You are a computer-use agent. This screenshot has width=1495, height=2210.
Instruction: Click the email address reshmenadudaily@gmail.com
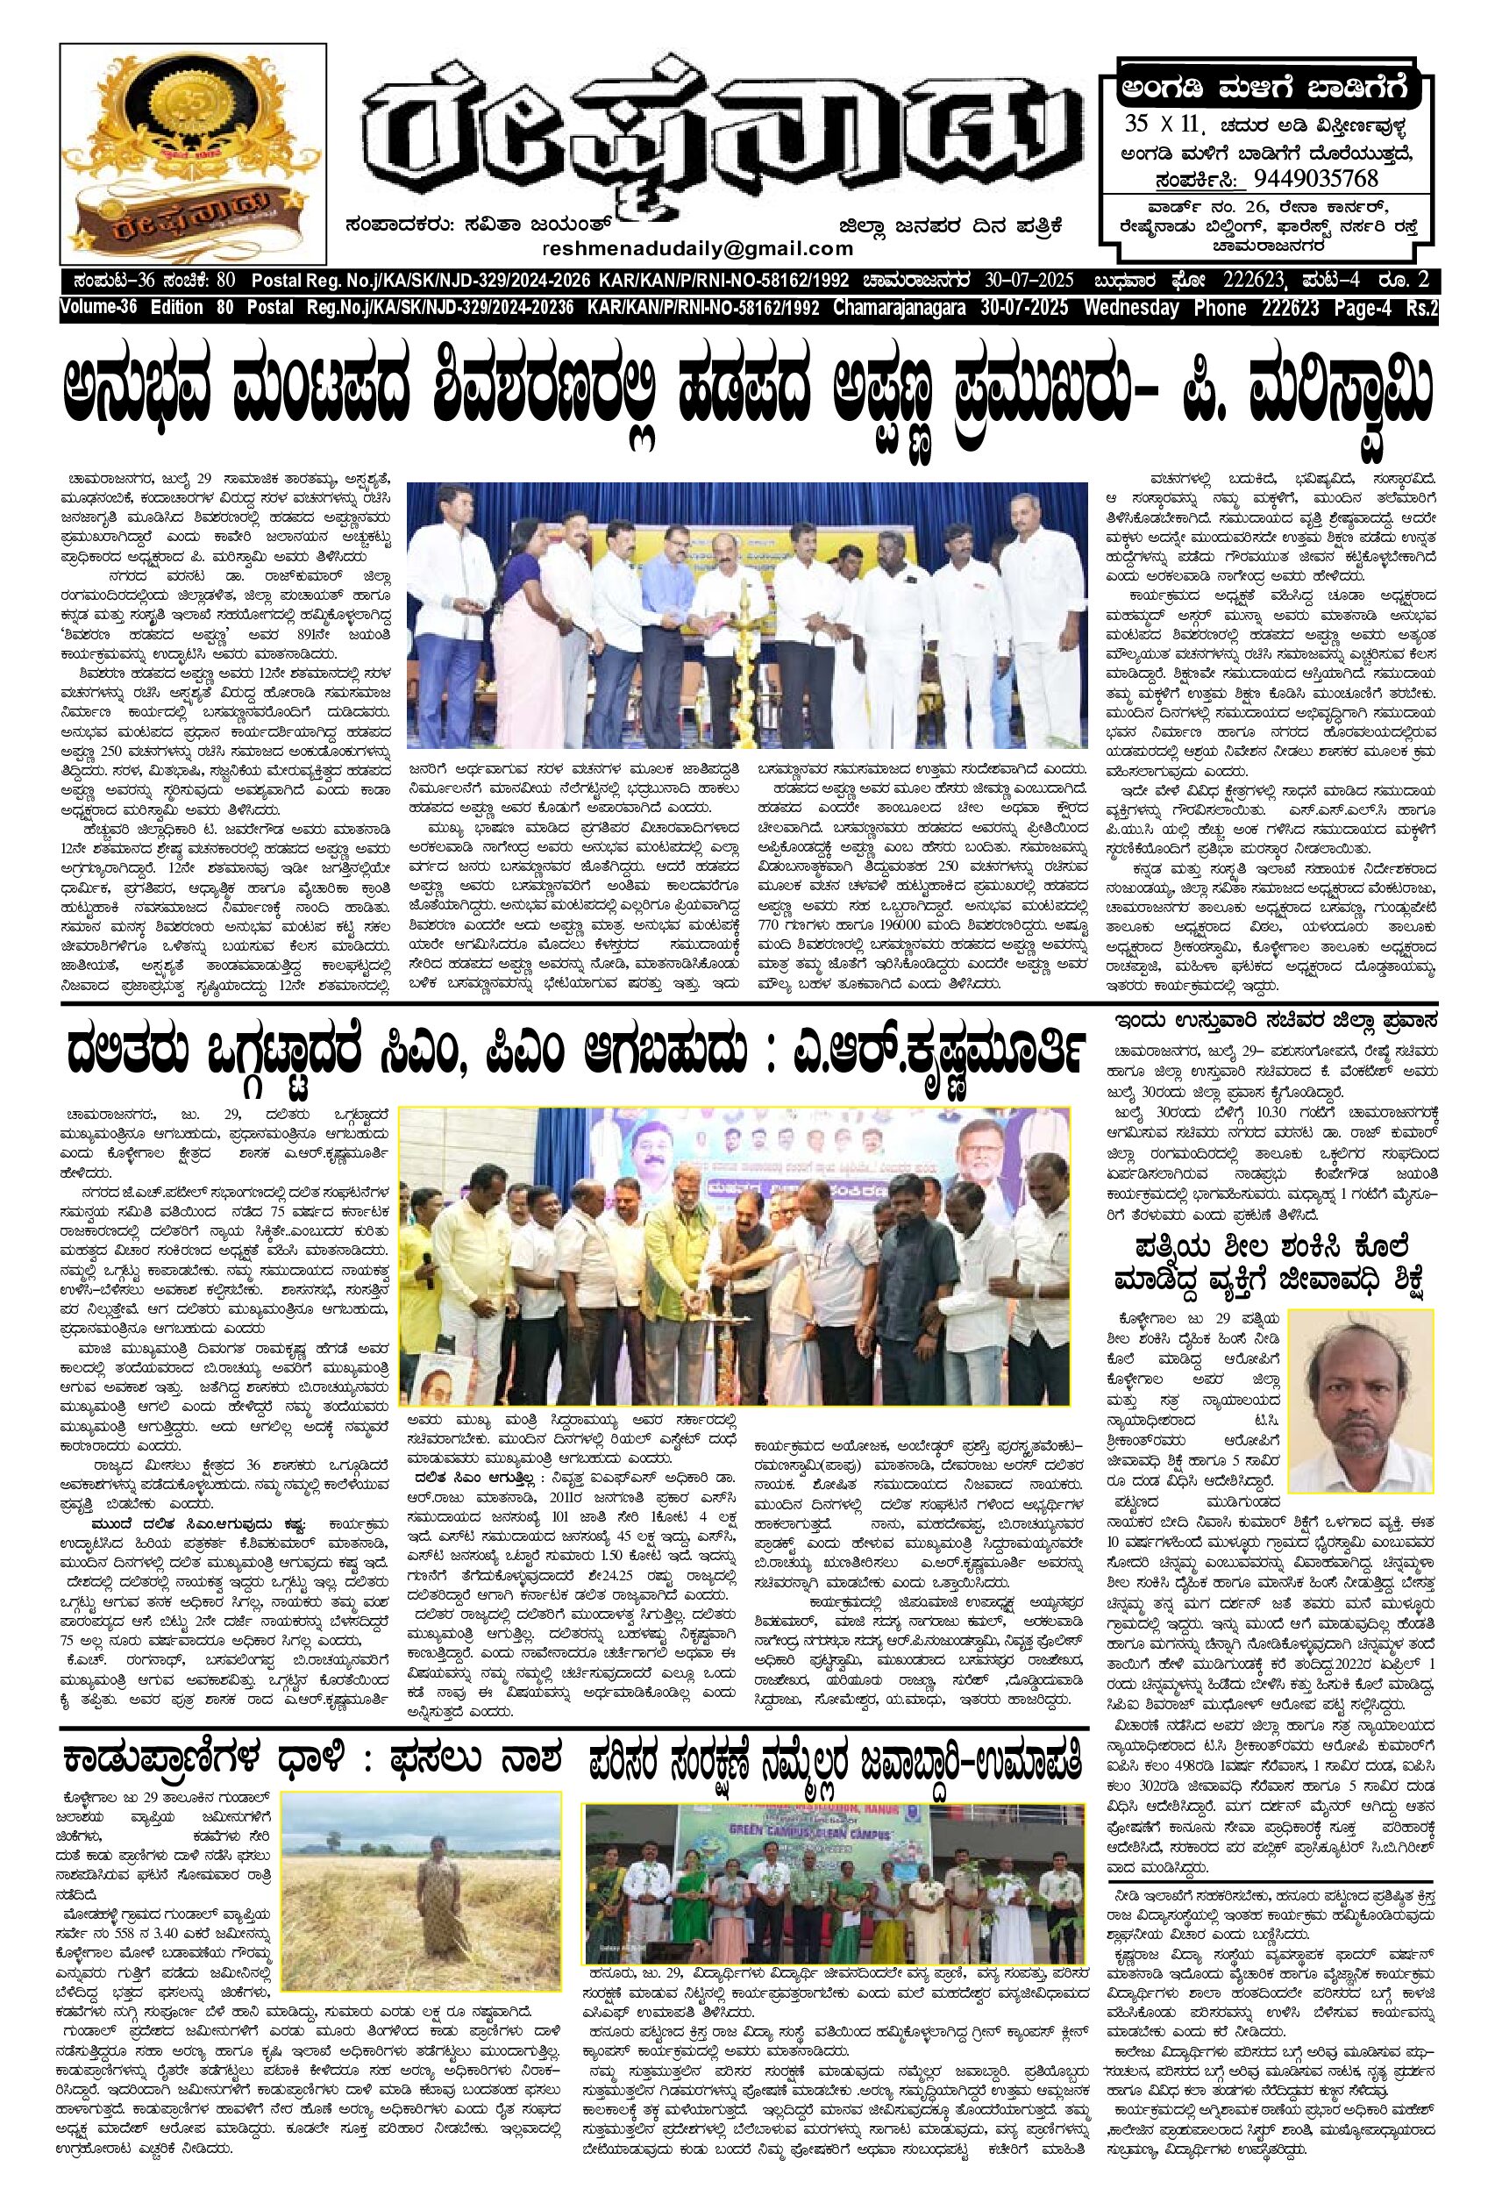click(697, 248)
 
